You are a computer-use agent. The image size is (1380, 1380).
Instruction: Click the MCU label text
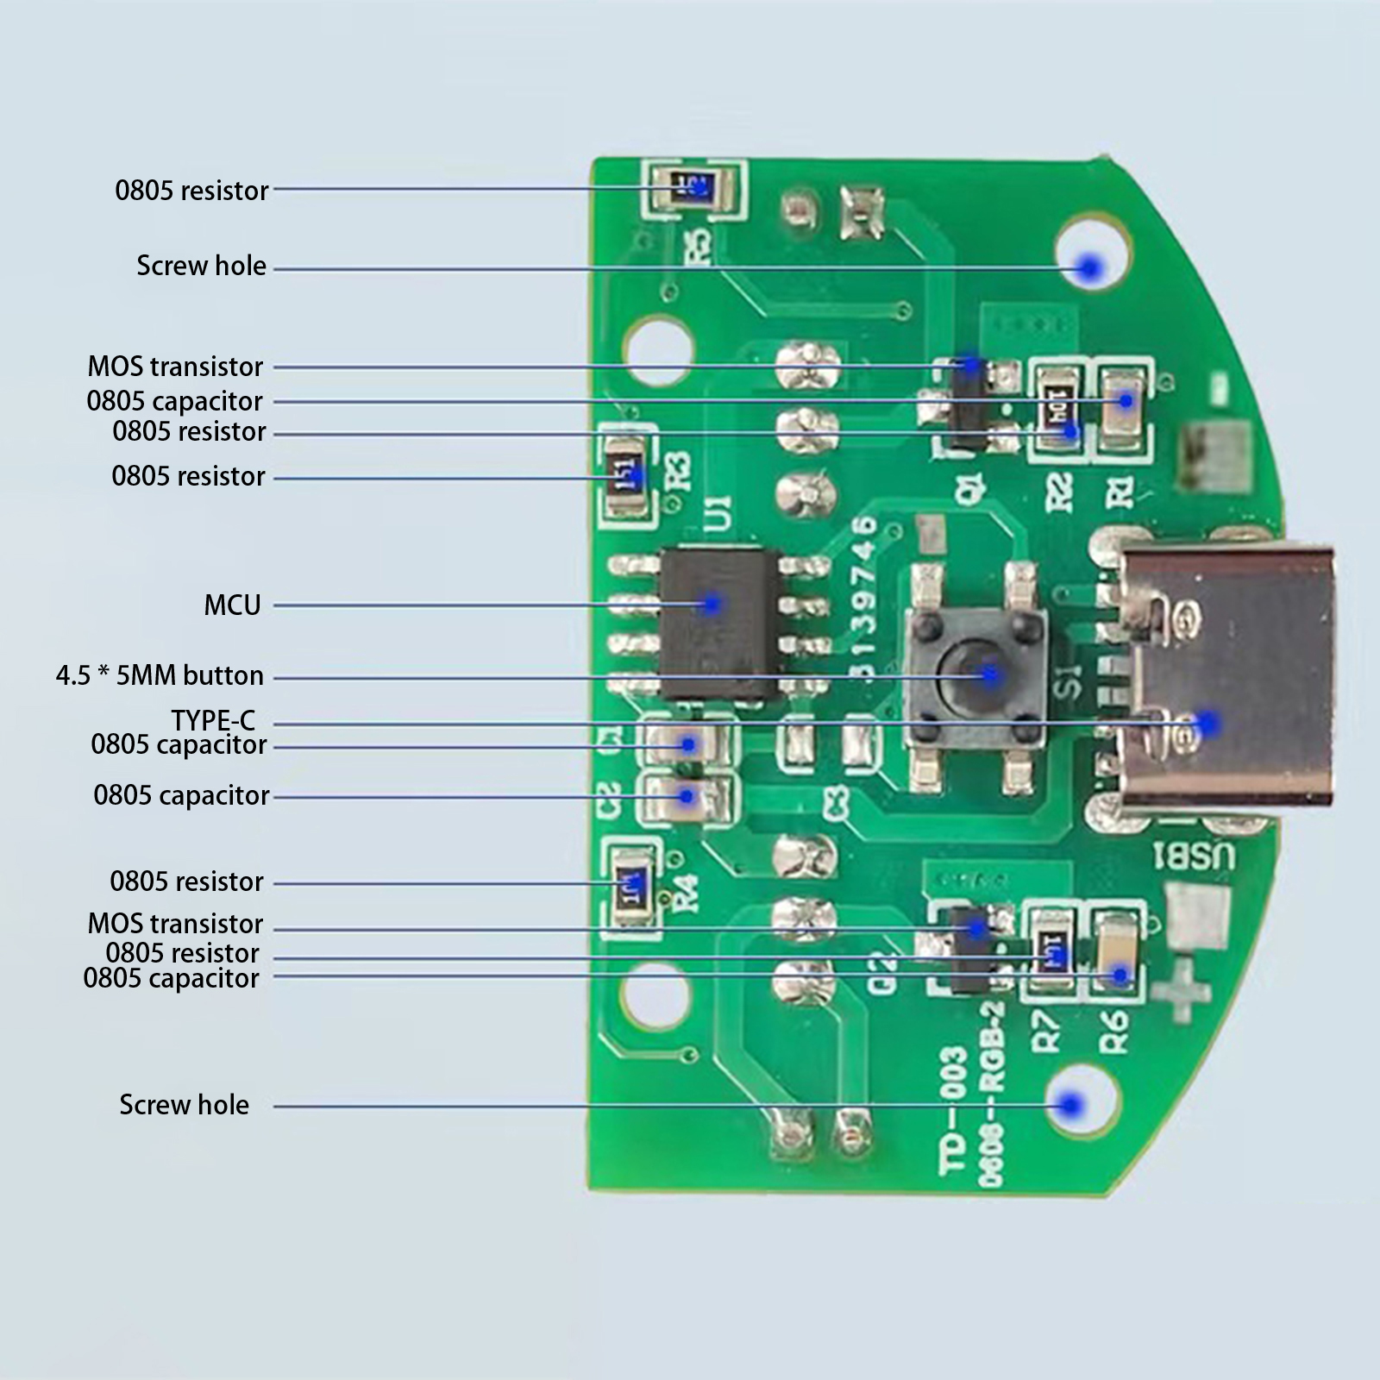pos(232,605)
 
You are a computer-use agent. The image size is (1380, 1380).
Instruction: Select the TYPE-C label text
pos(213,720)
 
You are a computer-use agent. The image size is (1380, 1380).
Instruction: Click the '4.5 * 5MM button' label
pos(160,675)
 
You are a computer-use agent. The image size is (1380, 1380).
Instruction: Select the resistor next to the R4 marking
pos(630,885)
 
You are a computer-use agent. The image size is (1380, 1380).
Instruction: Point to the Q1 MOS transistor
pos(968,405)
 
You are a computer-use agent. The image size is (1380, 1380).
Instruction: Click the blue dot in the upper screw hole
pos(1091,267)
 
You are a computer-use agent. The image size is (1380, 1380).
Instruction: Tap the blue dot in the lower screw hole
pos(1071,1105)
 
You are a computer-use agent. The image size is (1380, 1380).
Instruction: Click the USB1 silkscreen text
pos(1195,856)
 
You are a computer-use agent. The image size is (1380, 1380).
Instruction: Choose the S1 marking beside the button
pos(1067,681)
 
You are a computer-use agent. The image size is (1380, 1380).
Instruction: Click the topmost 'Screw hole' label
pos(201,266)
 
